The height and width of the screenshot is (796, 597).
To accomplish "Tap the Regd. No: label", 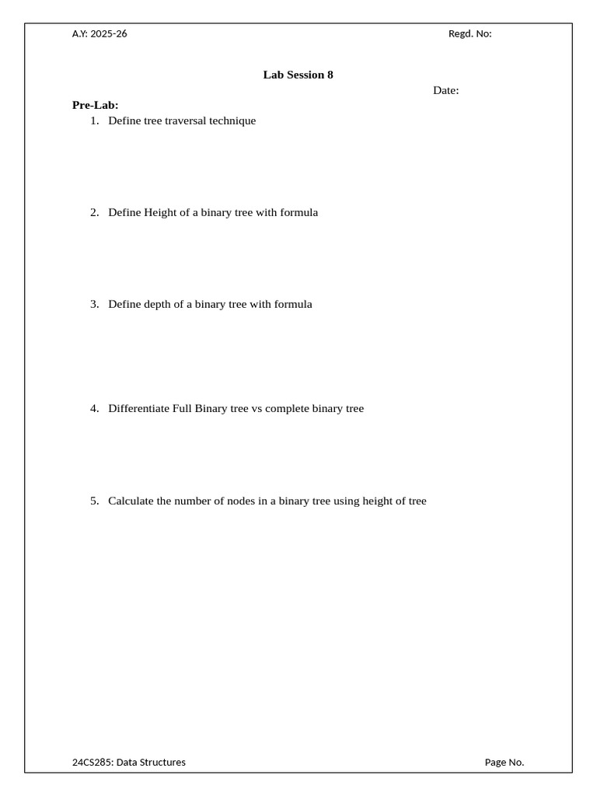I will click(470, 33).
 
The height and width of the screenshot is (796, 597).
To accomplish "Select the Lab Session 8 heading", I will click(298, 75).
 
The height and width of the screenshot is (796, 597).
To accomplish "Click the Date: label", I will click(445, 90).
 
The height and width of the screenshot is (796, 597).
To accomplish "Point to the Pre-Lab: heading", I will click(95, 105).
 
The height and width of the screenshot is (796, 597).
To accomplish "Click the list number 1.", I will click(94, 120).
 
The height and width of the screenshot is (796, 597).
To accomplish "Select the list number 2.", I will click(94, 212).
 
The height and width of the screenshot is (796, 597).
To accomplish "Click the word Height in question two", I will click(160, 212).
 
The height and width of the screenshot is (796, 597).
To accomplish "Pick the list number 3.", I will click(94, 304).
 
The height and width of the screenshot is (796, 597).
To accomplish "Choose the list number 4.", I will click(94, 408).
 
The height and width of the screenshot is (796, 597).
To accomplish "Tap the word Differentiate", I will click(138, 408).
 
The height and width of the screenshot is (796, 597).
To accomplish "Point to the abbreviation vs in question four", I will click(257, 408).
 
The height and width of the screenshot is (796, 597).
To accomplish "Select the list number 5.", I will click(94, 501).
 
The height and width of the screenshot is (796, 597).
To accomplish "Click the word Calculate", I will click(131, 501).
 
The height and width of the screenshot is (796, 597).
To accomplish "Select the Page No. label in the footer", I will click(504, 762).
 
